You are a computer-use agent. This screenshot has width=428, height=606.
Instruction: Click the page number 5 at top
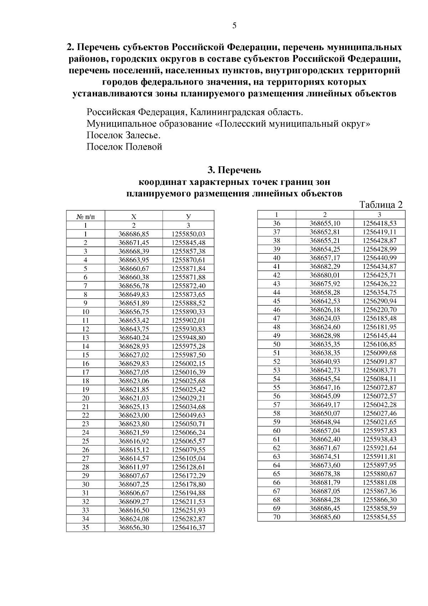click(234, 25)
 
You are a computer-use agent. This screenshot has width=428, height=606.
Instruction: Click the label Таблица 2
click(381, 205)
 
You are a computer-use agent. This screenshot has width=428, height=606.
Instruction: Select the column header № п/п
click(86, 217)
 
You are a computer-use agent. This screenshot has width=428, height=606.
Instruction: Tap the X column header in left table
click(134, 217)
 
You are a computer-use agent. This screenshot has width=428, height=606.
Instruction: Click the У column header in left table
click(188, 217)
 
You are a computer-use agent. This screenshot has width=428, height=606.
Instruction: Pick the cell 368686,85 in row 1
click(134, 234)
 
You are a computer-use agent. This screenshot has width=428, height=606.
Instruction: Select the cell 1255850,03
click(188, 234)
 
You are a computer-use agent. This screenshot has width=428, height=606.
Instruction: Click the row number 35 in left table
click(86, 527)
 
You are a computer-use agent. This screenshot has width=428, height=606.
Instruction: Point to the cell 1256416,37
click(188, 527)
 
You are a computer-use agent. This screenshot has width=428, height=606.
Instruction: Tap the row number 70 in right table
click(277, 517)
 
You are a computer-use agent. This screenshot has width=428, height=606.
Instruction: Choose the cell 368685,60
click(325, 517)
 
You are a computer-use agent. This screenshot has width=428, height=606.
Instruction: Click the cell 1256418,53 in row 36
click(379, 223)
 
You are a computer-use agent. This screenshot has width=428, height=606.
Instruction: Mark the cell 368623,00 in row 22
click(134, 415)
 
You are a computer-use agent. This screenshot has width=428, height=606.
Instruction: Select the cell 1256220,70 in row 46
click(379, 310)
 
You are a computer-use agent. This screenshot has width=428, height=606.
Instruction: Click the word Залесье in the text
click(142, 136)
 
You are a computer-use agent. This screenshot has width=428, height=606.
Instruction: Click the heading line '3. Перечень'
click(234, 170)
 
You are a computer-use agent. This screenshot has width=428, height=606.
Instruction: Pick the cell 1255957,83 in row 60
click(379, 431)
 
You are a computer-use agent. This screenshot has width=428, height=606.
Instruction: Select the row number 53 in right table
click(277, 370)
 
